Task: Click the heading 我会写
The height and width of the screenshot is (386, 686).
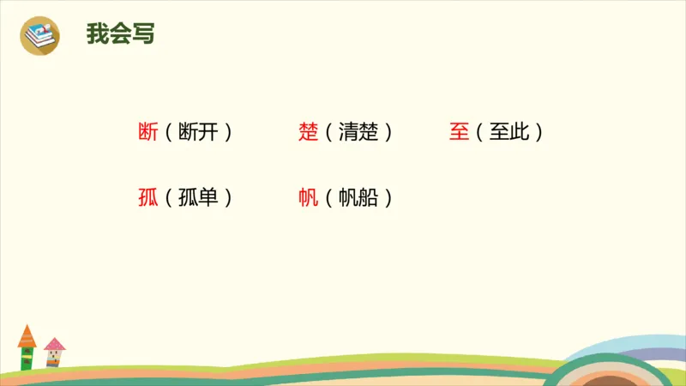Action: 120,35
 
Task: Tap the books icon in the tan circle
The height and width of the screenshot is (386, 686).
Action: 39,34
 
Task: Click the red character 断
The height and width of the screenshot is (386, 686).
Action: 147,132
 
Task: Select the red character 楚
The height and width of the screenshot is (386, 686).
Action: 309,132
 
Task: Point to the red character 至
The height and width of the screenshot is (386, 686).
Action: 459,132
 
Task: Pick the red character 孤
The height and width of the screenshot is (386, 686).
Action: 147,197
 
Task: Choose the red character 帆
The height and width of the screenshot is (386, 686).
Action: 309,197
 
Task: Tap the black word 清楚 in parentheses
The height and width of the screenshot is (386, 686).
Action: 358,132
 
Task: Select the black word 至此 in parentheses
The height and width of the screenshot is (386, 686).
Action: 509,132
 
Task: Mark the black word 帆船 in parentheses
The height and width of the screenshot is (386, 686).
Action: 358,197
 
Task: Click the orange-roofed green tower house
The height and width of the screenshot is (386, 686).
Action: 27,347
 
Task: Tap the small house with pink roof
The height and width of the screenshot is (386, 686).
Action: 55,351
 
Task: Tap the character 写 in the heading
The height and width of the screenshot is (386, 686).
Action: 143,35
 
